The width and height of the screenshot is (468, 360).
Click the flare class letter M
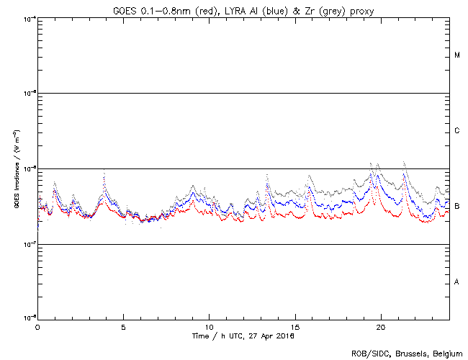click(x=457, y=55)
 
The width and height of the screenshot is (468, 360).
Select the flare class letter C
click(x=457, y=131)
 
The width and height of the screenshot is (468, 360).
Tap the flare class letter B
click(x=457, y=207)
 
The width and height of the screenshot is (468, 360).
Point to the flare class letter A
click(x=457, y=282)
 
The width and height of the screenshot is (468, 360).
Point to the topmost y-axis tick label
click(x=27, y=18)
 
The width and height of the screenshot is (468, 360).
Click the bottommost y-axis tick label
click(x=27, y=318)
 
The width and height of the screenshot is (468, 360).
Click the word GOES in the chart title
click(x=125, y=10)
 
